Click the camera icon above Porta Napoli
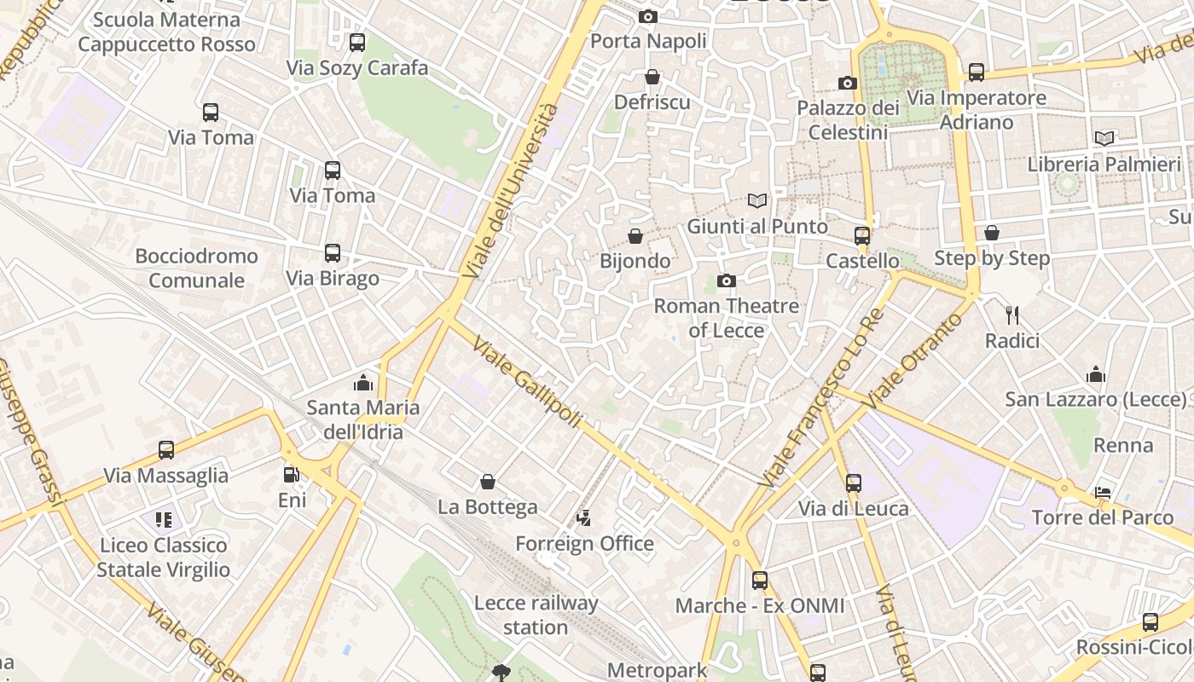click(648, 16)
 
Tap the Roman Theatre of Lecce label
click(726, 317)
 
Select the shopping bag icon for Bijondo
click(635, 235)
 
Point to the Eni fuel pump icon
click(292, 475)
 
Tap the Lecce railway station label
click(536, 615)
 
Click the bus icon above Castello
click(862, 235)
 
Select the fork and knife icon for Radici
click(1012, 315)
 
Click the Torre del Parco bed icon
click(1103, 493)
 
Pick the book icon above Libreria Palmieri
click(1104, 138)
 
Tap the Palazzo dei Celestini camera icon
click(848, 83)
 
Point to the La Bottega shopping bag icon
click(488, 482)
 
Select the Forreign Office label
click(584, 543)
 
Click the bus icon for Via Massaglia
click(166, 449)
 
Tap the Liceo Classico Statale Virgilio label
click(163, 557)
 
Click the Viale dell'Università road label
click(511, 191)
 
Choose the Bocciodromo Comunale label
click(196, 268)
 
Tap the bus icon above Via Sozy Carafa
click(357, 42)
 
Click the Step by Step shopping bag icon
click(992, 233)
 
